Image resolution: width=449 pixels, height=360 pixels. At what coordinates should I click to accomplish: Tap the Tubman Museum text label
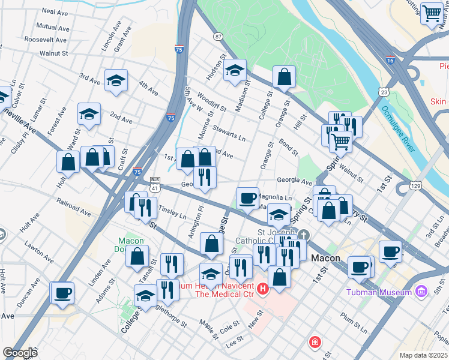pyautogui.click(x=379, y=293)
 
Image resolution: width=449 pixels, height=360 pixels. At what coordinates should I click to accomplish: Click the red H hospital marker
pyautogui.click(x=262, y=289)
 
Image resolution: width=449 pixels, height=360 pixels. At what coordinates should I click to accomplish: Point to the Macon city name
pyautogui.click(x=327, y=259)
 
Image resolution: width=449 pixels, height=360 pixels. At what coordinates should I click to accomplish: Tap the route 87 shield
pyautogui.click(x=217, y=37)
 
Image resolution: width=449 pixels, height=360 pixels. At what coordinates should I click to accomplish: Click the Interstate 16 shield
pyautogui.click(x=390, y=61)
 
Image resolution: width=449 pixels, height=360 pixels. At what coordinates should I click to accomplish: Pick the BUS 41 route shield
pyautogui.click(x=155, y=184)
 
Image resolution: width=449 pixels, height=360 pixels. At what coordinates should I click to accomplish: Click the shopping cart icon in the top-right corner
pyautogui.click(x=432, y=13)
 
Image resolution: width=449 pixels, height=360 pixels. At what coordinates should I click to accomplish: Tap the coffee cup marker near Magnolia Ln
pyautogui.click(x=247, y=198)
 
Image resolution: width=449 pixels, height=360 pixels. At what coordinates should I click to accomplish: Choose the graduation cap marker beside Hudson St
pyautogui.click(x=235, y=70)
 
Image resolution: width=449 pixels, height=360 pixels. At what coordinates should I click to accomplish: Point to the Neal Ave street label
pyautogui.click(x=55, y=11)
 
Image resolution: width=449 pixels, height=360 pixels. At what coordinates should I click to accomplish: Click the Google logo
pyautogui.click(x=20, y=353)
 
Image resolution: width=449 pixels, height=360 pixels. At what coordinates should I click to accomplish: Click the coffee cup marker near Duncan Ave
pyautogui.click(x=62, y=293)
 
